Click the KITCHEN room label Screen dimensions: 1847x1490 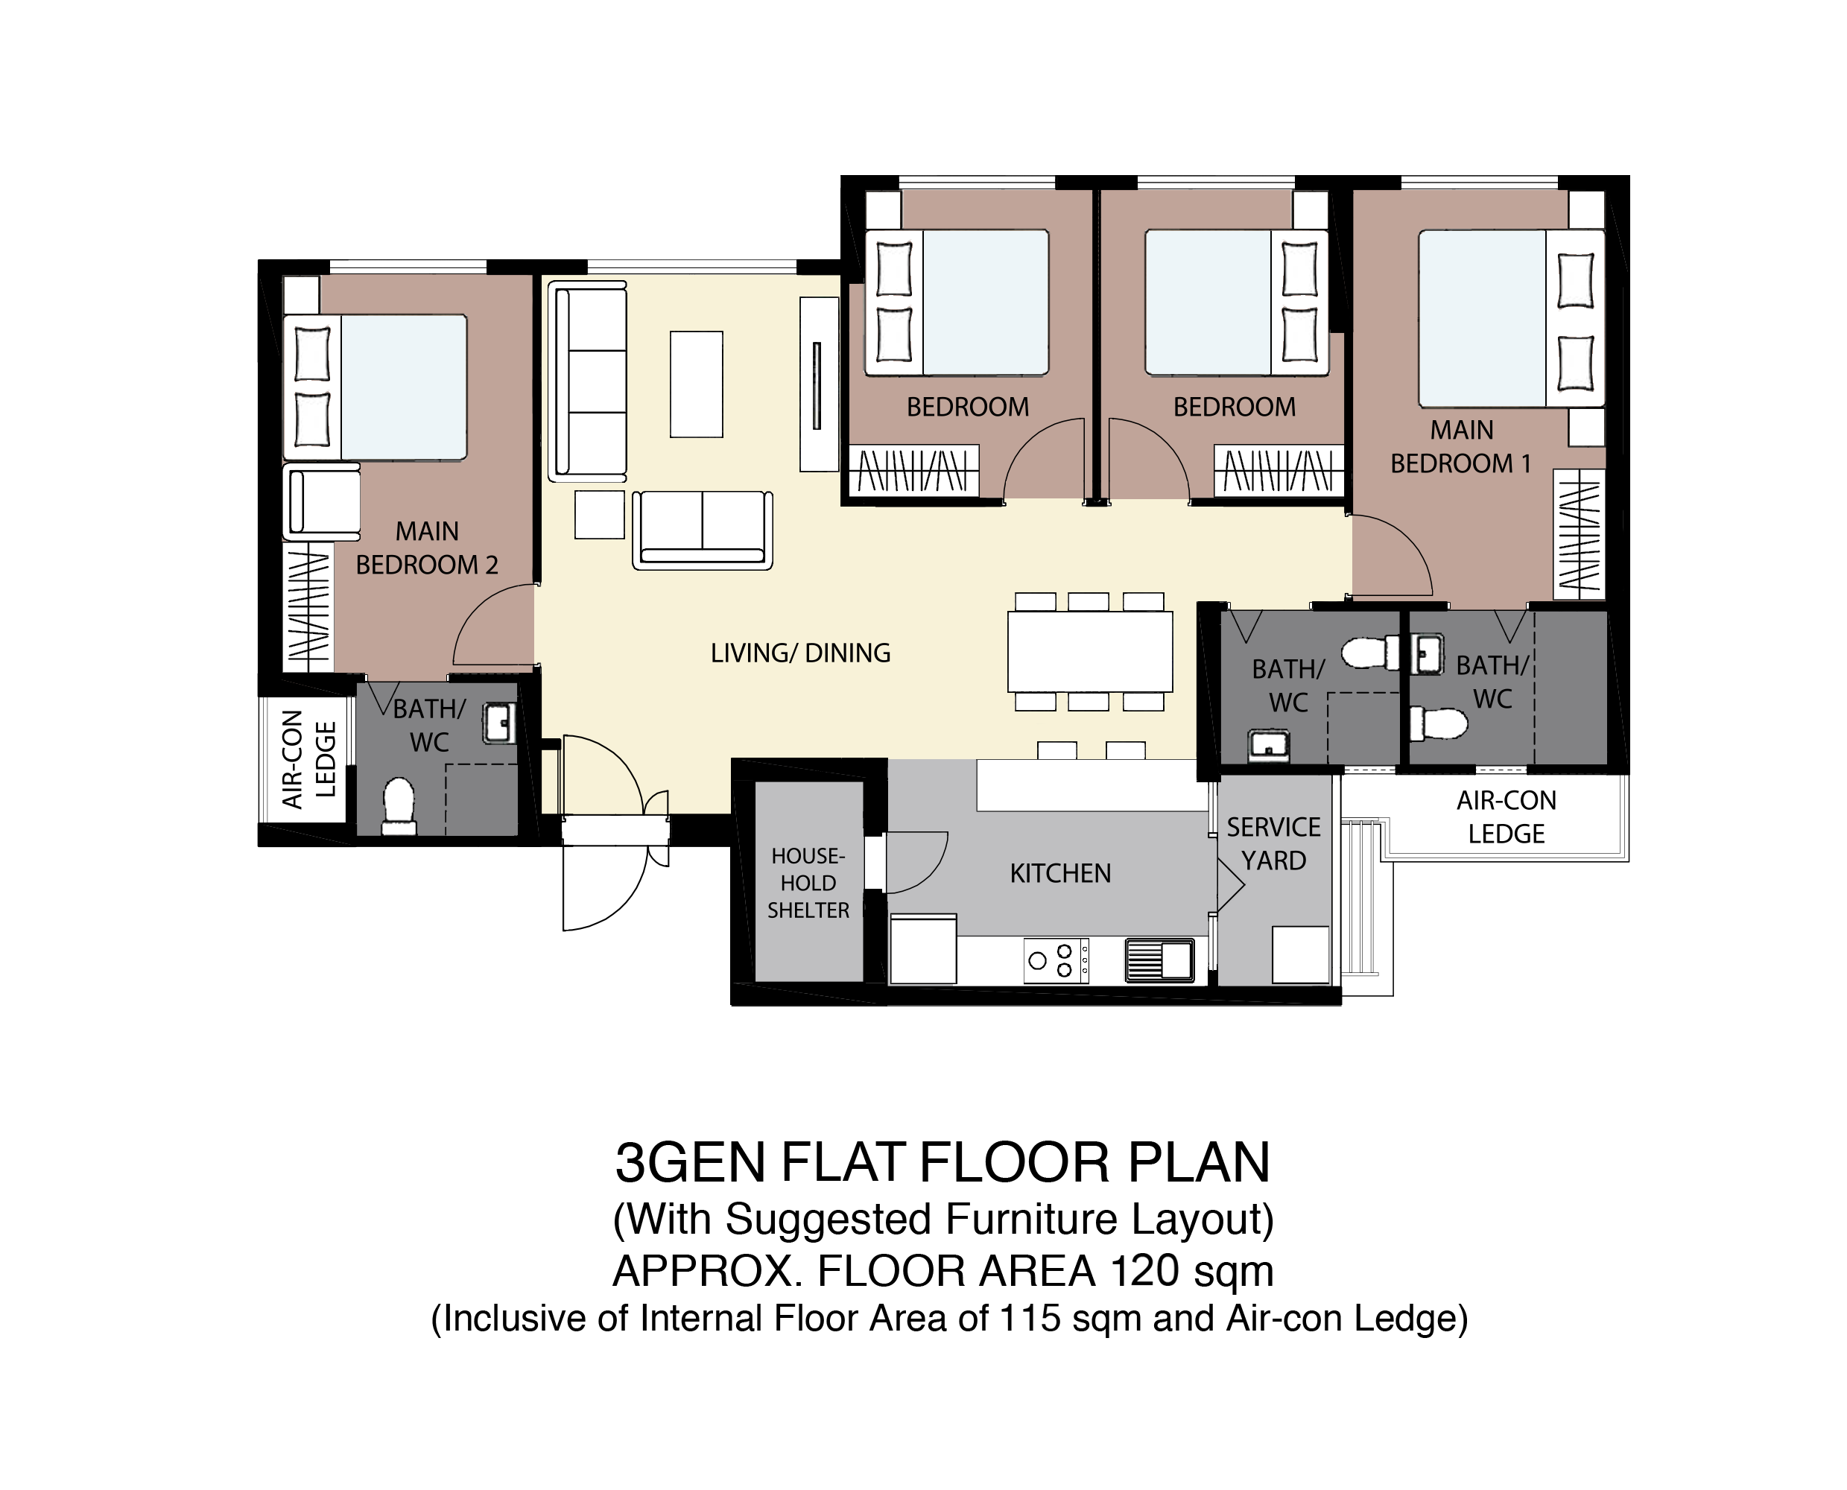pyautogui.click(x=1060, y=874)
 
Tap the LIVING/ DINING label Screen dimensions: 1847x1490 pyautogui.click(x=800, y=653)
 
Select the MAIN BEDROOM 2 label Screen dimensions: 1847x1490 pyautogui.click(x=427, y=548)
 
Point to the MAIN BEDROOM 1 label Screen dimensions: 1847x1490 pyautogui.click(x=1461, y=446)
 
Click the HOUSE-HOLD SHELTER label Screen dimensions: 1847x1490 pyautogui.click(x=808, y=883)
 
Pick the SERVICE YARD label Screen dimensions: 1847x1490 pyautogui.click(x=1273, y=843)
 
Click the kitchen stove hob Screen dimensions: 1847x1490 pyautogui.click(x=1056, y=960)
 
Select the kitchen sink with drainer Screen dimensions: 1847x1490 pyautogui.click(x=1159, y=960)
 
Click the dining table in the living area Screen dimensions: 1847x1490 pyautogui.click(x=1090, y=651)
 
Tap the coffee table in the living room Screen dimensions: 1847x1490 pyautogui.click(x=696, y=384)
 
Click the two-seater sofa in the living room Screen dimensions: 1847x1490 pyautogui.click(x=703, y=530)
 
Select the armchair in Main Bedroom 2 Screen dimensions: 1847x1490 pyautogui.click(x=322, y=502)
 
